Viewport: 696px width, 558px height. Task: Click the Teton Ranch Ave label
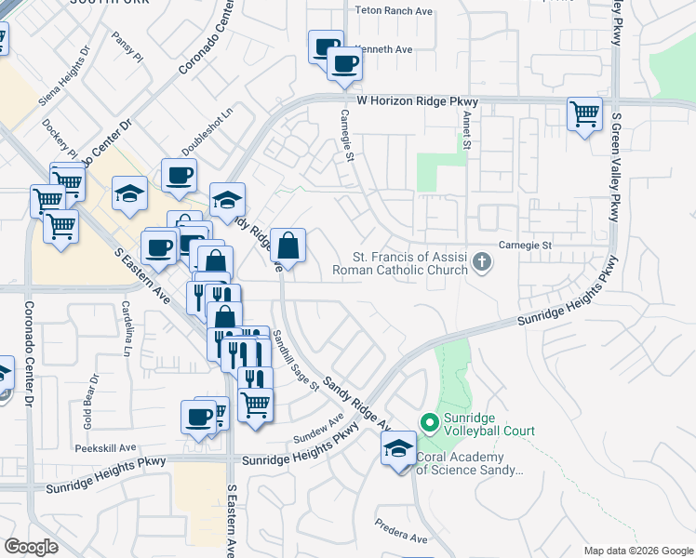click(x=395, y=12)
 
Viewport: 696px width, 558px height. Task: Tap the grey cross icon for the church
click(x=481, y=261)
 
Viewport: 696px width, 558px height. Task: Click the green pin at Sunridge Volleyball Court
click(x=430, y=423)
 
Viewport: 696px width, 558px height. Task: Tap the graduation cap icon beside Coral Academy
click(x=398, y=449)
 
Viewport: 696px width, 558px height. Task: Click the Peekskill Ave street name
click(x=106, y=447)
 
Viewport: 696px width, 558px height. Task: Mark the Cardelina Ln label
click(x=126, y=328)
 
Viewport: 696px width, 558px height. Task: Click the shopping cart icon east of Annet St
click(x=584, y=114)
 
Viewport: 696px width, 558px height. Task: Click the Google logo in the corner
click(x=32, y=546)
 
